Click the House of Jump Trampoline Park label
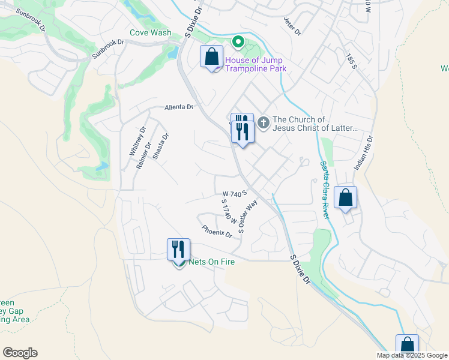[255, 64]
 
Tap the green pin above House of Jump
[238, 42]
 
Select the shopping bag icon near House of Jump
[212, 58]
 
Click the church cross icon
[263, 123]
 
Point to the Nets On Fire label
[211, 262]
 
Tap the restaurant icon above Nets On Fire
[178, 248]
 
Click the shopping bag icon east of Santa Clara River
[346, 197]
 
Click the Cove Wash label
[151, 33]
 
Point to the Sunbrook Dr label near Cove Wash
[107, 50]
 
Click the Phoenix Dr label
[217, 231]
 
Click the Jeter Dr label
[291, 26]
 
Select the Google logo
[20, 353]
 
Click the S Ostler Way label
[247, 216]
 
